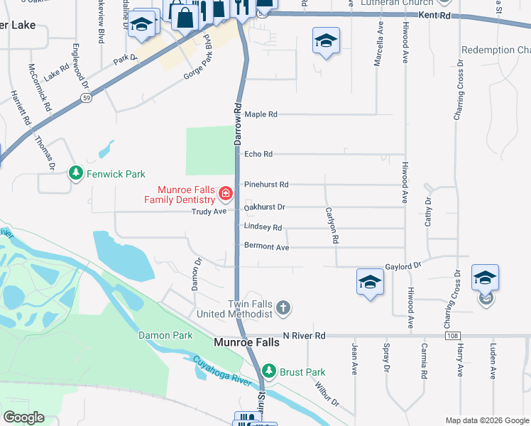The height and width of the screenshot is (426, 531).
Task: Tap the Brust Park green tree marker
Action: pos(269,371)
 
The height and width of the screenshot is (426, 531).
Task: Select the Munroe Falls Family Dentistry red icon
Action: pos(225,193)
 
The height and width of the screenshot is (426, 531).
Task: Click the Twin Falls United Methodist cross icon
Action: pos(283,307)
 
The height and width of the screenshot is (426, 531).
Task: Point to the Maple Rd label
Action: pos(261,114)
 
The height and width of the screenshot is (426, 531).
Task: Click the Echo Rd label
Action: pos(258,154)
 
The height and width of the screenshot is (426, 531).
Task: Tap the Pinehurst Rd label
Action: pos(266,185)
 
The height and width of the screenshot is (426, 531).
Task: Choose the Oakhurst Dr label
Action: pos(264,207)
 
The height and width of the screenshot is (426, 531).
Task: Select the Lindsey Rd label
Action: pos(263,227)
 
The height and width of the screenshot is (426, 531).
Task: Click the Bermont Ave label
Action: pos(266,247)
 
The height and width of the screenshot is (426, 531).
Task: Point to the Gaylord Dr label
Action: pos(403,264)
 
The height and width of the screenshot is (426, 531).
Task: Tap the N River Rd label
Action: pos(303,335)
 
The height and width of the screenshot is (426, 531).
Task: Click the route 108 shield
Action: pos(452,335)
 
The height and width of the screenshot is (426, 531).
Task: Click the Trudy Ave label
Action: pos(211,212)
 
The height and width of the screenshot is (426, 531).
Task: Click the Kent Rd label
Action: pos(434,15)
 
